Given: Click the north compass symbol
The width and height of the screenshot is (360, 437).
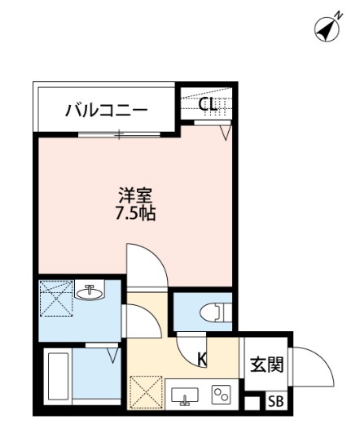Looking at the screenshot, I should point(327,29).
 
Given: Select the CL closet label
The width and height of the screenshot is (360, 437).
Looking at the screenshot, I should point(207,103).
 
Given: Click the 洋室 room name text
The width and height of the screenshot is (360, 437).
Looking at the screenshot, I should point(136,196).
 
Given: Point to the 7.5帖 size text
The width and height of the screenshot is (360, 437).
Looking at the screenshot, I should point(136,215).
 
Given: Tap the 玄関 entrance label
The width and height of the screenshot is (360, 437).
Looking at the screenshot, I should point(266,364).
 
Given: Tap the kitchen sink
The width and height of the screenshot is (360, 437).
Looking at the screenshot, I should point(186,395).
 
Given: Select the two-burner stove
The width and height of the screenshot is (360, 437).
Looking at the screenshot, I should point(221,395).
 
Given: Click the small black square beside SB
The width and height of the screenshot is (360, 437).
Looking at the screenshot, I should point(252,401).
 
